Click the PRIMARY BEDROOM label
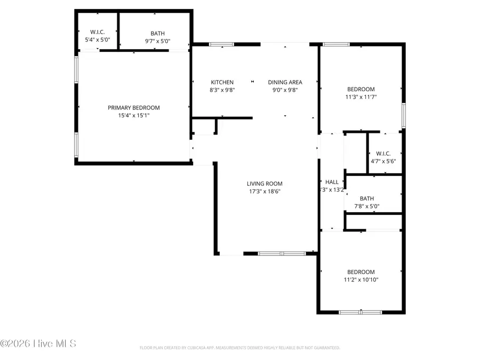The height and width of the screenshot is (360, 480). [133, 108]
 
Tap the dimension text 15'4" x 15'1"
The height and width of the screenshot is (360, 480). [133, 115]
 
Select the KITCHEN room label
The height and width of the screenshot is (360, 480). [222, 82]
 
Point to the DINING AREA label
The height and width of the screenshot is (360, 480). [285, 82]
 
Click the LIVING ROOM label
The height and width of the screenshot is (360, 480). [264, 184]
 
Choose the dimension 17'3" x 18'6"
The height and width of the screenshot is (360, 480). [264, 191]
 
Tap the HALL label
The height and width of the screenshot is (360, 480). [332, 182]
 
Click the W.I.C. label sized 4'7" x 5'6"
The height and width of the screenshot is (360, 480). [383, 153]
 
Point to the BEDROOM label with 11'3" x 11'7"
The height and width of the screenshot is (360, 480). [361, 89]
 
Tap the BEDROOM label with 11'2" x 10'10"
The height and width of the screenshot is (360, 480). [361, 271]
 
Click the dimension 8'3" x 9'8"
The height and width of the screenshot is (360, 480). [222, 90]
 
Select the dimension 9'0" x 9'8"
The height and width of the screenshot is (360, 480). [285, 90]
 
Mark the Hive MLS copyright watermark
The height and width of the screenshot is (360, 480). [38, 343]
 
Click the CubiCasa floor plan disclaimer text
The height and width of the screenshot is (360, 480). [239, 348]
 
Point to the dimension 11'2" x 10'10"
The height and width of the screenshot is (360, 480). [361, 279]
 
